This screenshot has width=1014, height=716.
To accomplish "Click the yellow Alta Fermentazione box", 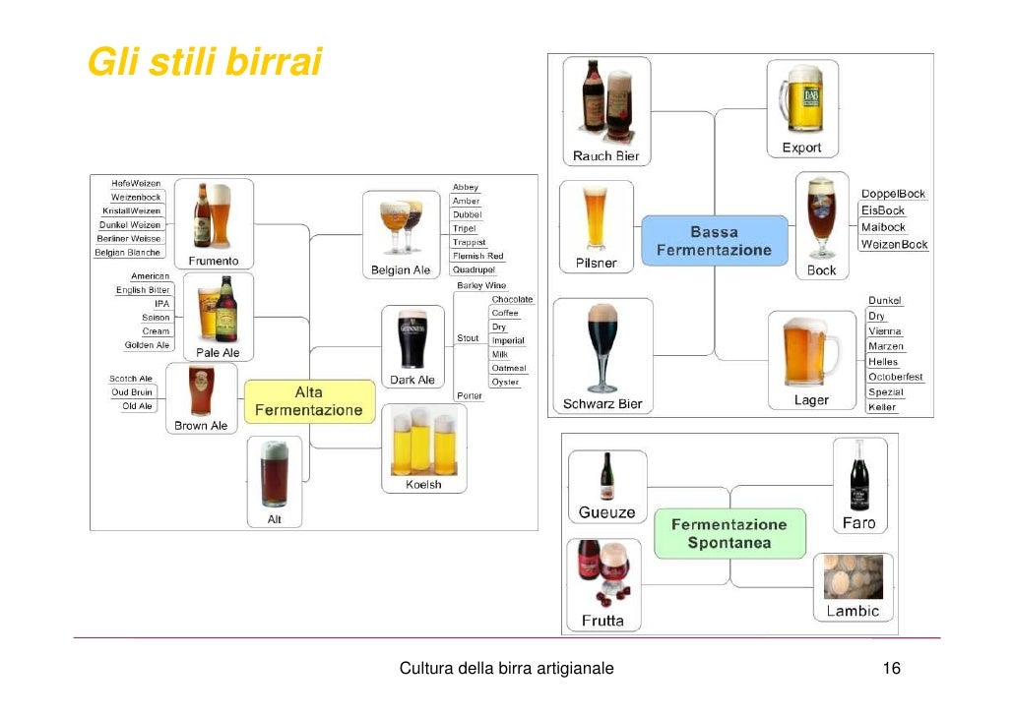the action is [309, 401].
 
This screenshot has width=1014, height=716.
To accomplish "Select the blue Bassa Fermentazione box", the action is [714, 241].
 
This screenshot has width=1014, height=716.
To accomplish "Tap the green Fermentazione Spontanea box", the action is [729, 533].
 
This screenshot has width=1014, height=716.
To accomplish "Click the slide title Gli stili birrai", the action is [205, 62].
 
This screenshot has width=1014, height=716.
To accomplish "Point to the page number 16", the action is [892, 669].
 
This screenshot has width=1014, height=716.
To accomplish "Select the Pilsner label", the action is [597, 263].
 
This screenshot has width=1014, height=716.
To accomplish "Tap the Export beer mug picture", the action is [801, 98].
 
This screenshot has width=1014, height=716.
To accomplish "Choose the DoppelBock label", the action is [893, 195].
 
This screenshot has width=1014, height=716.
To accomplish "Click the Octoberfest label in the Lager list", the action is [895, 377].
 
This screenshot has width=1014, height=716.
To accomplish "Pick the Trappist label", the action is [469, 242].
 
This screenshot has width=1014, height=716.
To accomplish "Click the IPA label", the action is [161, 304].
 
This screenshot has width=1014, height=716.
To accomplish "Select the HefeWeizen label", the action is [136, 184].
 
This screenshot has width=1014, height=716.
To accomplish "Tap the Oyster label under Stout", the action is [505, 382].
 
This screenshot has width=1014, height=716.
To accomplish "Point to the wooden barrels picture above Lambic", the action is [853, 577].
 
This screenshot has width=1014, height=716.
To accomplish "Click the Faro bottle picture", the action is [858, 476].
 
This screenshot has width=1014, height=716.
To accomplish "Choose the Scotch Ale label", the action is [131, 379].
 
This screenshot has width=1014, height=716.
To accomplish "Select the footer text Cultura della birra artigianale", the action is [506, 669].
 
